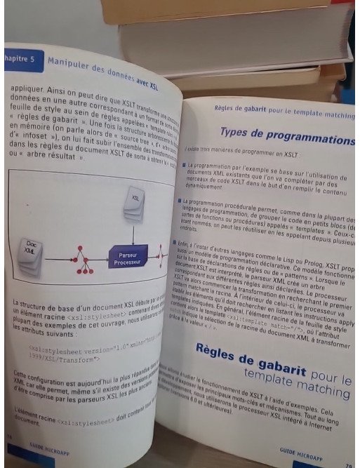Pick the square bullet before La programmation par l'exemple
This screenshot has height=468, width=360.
pyautogui.click(x=183, y=164)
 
